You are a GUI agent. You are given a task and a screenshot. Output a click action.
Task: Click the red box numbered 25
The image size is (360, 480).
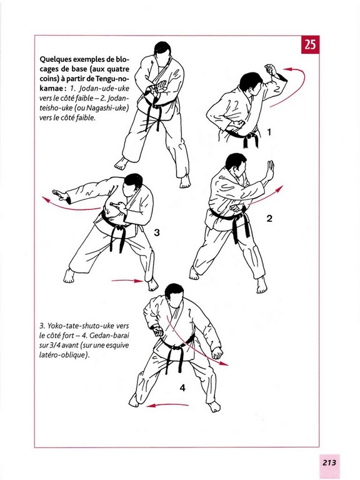(310, 45)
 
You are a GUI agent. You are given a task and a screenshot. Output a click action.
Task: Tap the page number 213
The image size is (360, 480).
(329, 462)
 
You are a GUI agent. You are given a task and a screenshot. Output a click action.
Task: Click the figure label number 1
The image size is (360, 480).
(269, 132)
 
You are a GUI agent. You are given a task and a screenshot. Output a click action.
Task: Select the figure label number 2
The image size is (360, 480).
(269, 219)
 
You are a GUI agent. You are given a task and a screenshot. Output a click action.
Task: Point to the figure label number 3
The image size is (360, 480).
(157, 233)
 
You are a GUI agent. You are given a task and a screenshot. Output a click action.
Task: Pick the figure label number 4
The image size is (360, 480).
(182, 388)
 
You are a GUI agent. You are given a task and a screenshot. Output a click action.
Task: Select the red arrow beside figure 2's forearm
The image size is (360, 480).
(266, 196)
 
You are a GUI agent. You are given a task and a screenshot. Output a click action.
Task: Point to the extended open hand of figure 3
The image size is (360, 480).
(59, 195)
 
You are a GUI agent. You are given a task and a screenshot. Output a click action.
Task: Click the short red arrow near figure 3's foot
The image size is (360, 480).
(127, 281)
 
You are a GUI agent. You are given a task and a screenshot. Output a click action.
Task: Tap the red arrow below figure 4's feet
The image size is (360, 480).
(167, 405)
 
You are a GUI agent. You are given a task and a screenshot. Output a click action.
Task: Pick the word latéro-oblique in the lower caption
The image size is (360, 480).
(63, 355)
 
